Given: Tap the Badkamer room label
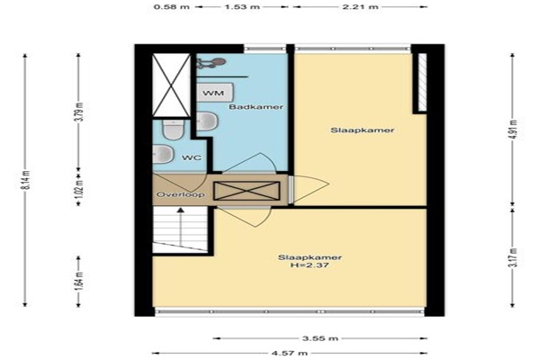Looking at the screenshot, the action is click(x=256, y=107).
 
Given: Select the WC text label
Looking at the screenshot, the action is click(x=192, y=157).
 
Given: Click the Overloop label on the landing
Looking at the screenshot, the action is click(x=181, y=194).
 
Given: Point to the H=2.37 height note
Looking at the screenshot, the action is click(x=310, y=265).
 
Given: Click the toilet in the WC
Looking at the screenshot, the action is click(x=174, y=130).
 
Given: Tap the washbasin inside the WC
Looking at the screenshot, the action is click(x=163, y=154).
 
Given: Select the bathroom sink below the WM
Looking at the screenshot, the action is click(x=207, y=121).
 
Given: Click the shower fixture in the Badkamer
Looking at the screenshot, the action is click(x=211, y=63).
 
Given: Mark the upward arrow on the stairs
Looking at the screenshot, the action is click(x=181, y=226).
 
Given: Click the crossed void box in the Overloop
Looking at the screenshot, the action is click(x=247, y=191).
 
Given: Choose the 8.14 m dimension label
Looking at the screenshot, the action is click(x=28, y=180).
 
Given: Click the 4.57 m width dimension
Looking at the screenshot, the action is click(x=290, y=353).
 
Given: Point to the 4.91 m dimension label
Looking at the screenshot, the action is click(x=514, y=129).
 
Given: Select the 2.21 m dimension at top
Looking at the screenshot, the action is click(x=360, y=6).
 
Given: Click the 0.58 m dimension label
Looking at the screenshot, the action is click(x=172, y=6).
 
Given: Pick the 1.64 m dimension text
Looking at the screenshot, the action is click(x=79, y=281).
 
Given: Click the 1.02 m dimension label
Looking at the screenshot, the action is click(x=79, y=187).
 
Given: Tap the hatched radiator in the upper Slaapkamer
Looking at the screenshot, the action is click(x=422, y=83).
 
